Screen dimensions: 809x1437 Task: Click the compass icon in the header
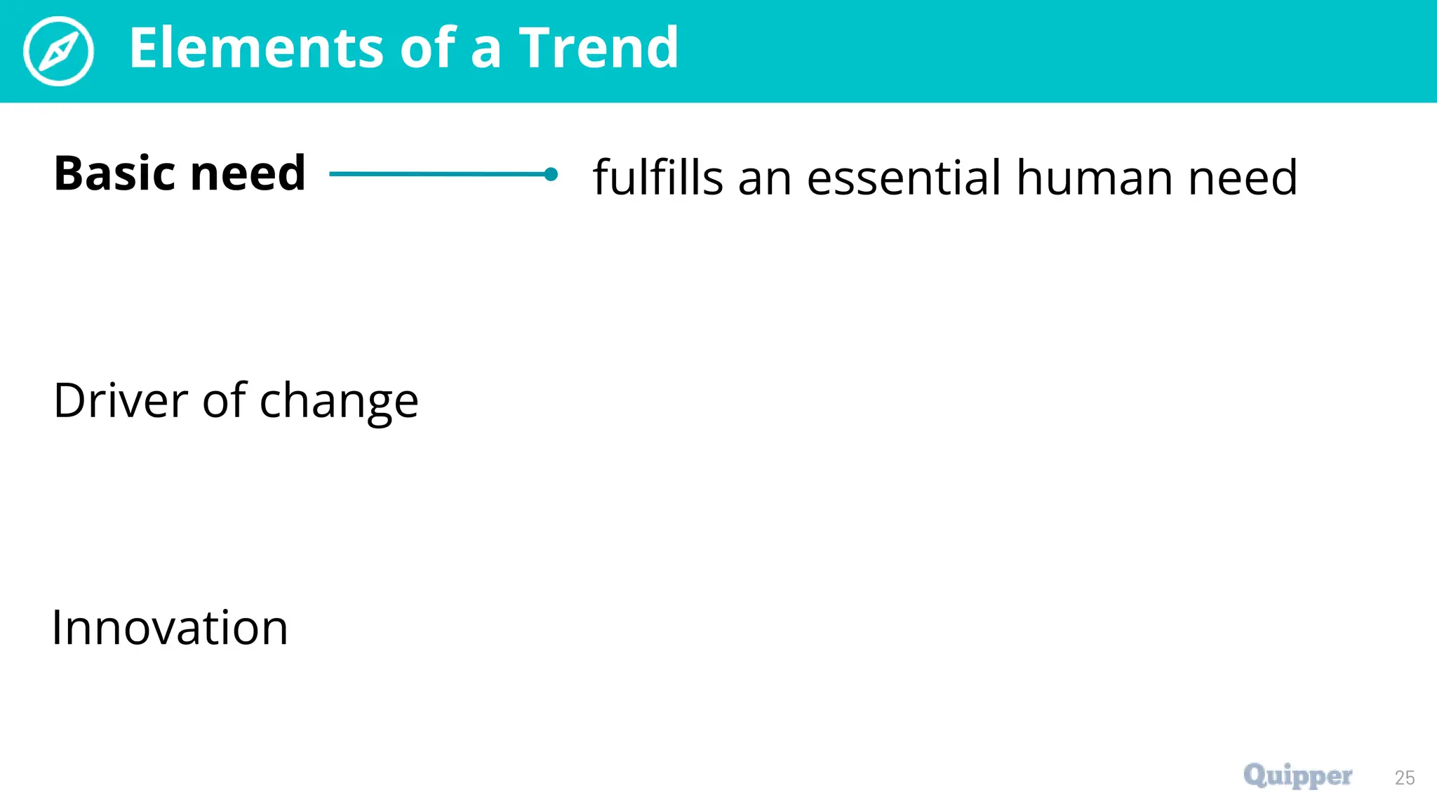(x=58, y=51)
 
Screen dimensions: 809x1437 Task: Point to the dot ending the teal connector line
(x=551, y=174)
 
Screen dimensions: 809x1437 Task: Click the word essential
(x=904, y=177)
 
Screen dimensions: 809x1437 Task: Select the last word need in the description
(x=1243, y=177)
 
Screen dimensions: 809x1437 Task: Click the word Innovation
(x=170, y=627)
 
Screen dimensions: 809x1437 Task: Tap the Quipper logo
(x=1297, y=775)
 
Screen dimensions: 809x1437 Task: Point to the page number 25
(x=1405, y=777)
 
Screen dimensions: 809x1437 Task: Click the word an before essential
(x=765, y=178)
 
